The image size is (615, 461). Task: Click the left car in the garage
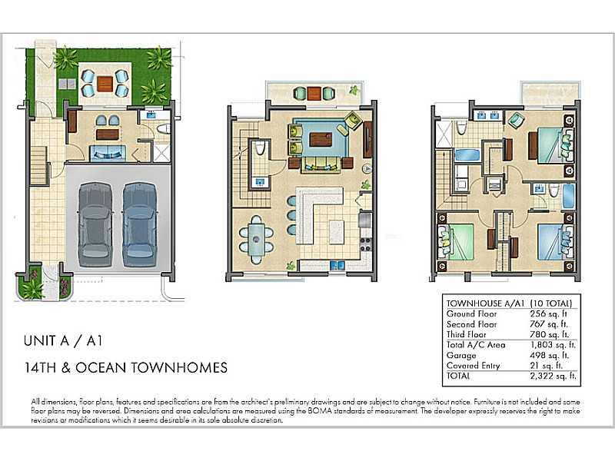95,224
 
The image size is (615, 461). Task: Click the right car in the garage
140,224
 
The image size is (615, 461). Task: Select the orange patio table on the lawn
105,84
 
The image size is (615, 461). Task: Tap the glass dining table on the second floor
257,239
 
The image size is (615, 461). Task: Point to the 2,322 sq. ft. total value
553,376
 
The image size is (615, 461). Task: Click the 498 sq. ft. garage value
549,356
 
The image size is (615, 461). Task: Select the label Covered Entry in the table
473,366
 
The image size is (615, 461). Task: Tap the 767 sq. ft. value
549,324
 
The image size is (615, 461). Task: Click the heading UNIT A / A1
63,340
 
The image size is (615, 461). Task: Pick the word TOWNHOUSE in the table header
474,303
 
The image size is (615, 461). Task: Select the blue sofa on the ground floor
108,153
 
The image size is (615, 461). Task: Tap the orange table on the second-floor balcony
314,93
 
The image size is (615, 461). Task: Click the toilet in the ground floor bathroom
164,128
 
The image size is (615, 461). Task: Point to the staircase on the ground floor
39,164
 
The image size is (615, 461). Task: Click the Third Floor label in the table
466,335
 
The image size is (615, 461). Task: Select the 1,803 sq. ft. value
553,345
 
